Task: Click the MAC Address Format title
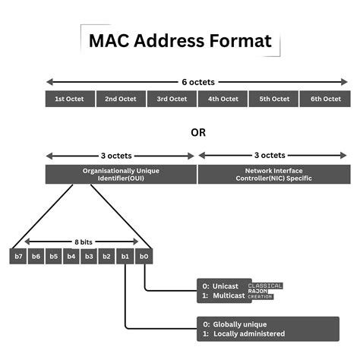[179, 40]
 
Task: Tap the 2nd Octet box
[121, 99]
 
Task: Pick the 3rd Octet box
[172, 99]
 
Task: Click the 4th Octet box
[223, 99]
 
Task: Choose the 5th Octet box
[273, 99]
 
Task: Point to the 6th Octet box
[324, 99]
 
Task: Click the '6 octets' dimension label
[197, 81]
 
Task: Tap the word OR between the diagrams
[197, 132]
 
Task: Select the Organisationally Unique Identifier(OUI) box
[121, 175]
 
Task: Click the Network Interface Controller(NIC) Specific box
[273, 175]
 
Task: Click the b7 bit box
[18, 257]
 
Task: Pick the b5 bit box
[54, 257]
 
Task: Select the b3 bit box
[90, 257]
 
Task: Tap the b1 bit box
[125, 257]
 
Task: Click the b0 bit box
[144, 257]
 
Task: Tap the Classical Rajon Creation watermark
[265, 291]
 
